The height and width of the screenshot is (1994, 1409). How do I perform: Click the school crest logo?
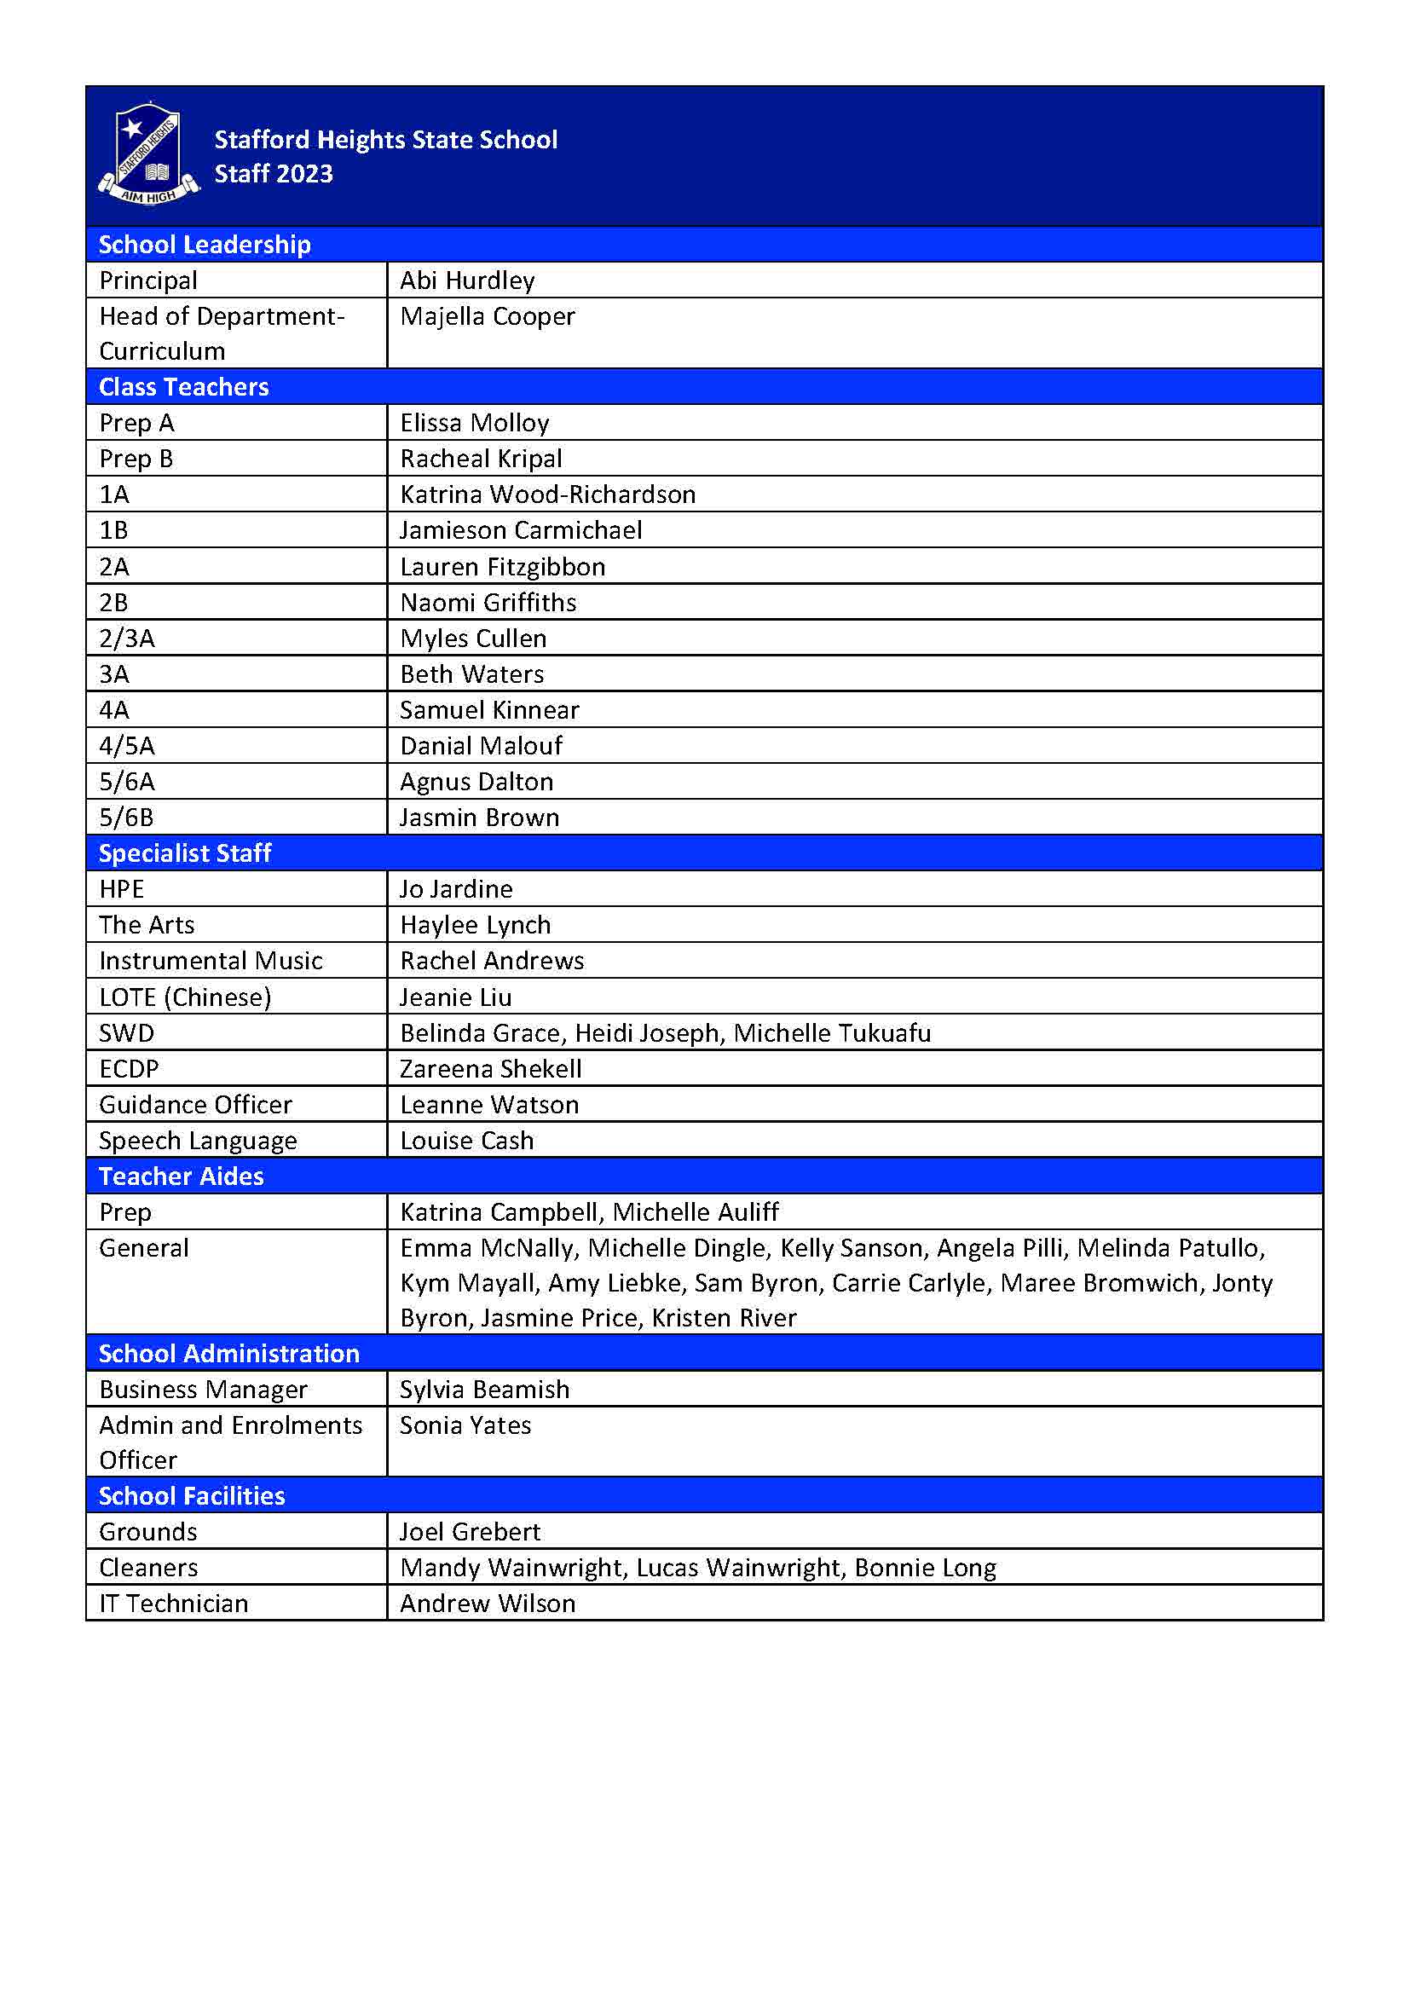(x=148, y=154)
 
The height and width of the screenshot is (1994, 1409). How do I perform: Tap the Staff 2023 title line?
(x=274, y=174)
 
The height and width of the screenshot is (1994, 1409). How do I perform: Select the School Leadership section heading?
(x=204, y=245)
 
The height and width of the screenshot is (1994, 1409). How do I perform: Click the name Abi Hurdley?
(x=467, y=280)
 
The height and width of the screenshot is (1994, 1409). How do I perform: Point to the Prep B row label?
(x=136, y=459)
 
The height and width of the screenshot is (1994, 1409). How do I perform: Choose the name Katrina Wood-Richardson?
(x=548, y=494)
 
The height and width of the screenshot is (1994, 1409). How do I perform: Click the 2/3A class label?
(x=127, y=639)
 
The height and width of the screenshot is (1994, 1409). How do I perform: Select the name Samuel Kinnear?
(x=489, y=709)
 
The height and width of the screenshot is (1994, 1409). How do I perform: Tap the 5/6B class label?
(x=127, y=818)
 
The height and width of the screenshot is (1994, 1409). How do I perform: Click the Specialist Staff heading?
(x=185, y=853)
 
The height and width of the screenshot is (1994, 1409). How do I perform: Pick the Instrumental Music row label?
(x=211, y=961)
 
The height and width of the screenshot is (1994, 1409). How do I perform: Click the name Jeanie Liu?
(x=456, y=997)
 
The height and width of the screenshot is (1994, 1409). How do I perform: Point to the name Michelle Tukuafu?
(x=833, y=1032)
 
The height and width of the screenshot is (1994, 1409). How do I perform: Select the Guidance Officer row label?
(x=195, y=1105)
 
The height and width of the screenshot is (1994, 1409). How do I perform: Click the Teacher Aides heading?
(x=182, y=1176)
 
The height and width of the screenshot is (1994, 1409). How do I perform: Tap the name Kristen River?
(x=724, y=1317)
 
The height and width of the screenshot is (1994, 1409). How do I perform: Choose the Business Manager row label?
(x=203, y=1390)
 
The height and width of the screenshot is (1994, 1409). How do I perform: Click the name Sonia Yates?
(x=465, y=1425)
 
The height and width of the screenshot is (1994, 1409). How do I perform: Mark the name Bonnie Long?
(x=926, y=1568)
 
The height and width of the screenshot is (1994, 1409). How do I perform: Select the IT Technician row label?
(x=174, y=1604)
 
